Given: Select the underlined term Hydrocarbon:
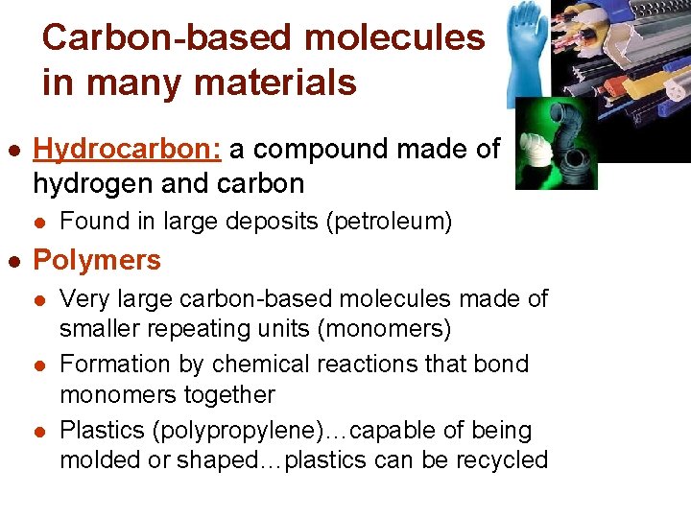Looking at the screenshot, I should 128,150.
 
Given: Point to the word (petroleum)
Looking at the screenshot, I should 389,222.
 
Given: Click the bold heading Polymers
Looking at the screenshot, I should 97,260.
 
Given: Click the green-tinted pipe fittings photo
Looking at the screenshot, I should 556,144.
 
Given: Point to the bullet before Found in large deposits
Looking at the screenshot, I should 39,223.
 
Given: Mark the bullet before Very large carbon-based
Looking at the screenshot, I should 39,300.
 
